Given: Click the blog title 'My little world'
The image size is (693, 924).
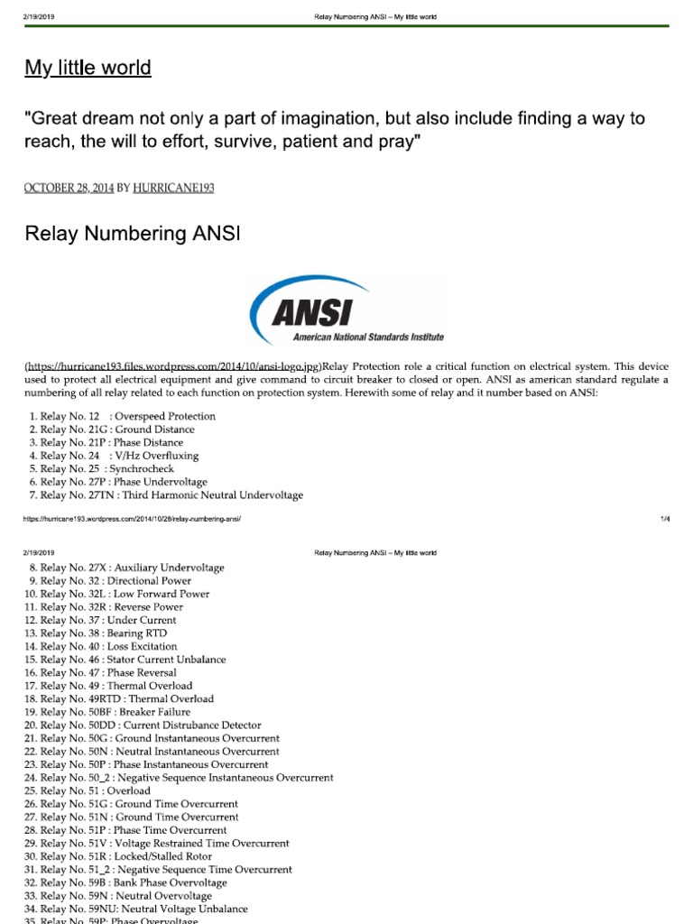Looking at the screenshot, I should (x=88, y=69).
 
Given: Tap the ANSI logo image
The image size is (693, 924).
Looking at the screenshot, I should (x=346, y=310).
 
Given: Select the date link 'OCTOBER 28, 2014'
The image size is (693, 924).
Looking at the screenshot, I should (x=69, y=188).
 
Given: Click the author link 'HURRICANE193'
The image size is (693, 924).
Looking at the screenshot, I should (x=174, y=188).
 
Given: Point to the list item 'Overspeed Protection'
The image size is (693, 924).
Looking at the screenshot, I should (x=123, y=416).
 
